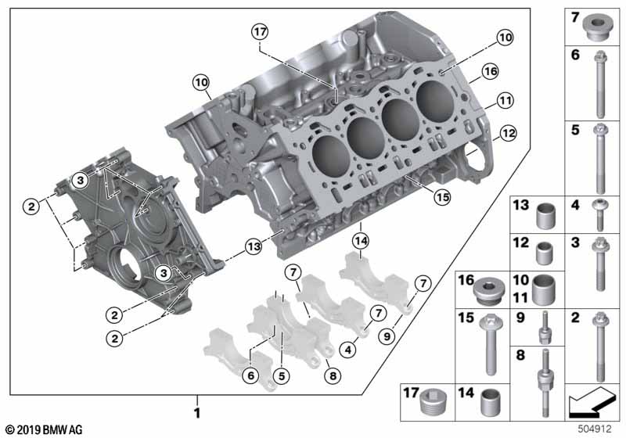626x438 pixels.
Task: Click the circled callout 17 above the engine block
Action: (259, 32)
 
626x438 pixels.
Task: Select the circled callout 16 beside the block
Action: (490, 72)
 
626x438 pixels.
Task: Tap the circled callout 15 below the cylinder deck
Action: (442, 198)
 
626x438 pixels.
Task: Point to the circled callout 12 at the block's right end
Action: (509, 134)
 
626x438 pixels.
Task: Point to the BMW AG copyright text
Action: (43, 429)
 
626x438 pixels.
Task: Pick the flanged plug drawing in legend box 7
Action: (598, 26)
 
